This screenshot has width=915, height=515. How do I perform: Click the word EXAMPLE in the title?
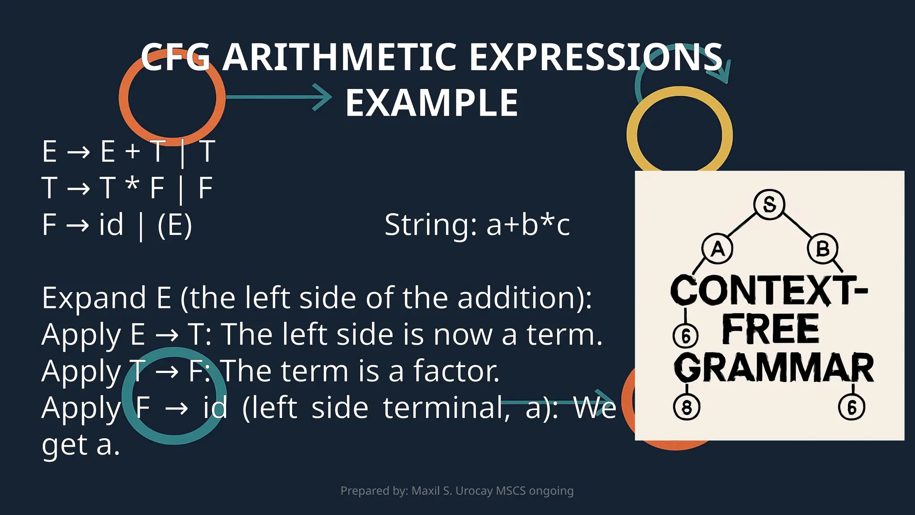[432, 103]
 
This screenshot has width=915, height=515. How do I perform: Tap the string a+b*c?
[528, 224]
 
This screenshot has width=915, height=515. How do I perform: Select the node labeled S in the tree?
[769, 205]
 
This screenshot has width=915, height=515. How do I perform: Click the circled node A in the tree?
[717, 249]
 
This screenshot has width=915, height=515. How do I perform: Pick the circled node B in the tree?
[823, 249]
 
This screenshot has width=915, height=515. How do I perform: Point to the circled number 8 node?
[686, 407]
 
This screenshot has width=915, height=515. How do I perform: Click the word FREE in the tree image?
[771, 329]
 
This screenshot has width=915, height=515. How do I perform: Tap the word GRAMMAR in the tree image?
[774, 368]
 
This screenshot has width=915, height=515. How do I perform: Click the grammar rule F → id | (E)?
[117, 224]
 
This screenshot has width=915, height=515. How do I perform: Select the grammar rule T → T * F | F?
[127, 188]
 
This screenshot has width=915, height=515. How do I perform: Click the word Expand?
[94, 298]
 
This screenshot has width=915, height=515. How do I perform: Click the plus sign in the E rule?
[133, 151]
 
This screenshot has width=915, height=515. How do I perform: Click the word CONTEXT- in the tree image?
[768, 291]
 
